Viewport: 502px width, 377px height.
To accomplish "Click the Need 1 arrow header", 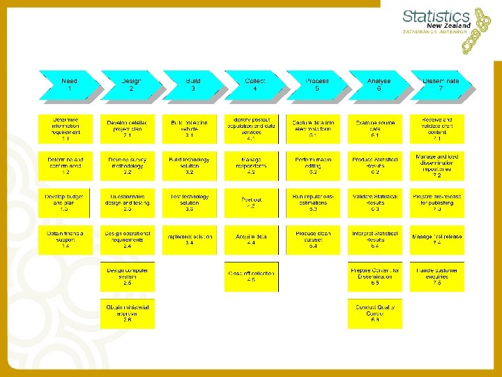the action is click(x=68, y=84).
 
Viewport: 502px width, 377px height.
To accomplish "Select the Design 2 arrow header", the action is click(x=130, y=84).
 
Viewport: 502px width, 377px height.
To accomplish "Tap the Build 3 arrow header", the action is click(x=192, y=84).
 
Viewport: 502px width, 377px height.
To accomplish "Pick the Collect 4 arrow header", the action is click(x=254, y=84).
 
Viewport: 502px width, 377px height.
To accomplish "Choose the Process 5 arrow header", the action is click(x=317, y=84).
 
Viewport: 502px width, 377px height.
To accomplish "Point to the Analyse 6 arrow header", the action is click(x=379, y=84).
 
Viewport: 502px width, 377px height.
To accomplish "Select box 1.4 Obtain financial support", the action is click(x=65, y=239).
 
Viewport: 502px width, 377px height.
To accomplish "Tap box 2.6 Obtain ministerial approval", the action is click(x=127, y=313).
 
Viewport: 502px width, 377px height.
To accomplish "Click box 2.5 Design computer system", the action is click(x=127, y=276).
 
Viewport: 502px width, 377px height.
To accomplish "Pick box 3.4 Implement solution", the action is click(x=189, y=239).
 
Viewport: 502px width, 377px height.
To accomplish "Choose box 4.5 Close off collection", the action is click(x=251, y=276).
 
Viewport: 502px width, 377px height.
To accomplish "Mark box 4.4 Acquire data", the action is click(x=251, y=239).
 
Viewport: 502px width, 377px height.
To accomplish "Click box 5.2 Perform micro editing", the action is click(x=313, y=165).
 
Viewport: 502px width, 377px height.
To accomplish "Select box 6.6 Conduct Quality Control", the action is click(x=375, y=313).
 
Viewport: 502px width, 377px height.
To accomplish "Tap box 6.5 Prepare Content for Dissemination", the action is click(x=375, y=276).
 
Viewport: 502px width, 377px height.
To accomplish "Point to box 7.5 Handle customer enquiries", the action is click(x=437, y=276).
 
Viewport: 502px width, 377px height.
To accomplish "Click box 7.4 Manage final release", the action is click(x=437, y=239).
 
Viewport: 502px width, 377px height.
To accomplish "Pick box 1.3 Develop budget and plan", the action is click(x=65, y=202).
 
